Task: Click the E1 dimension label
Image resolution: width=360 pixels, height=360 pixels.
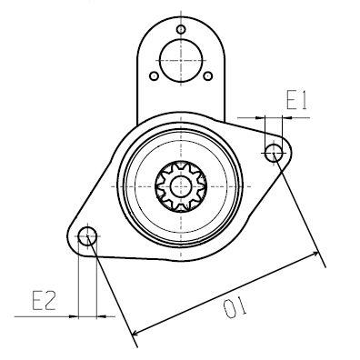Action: (297, 101)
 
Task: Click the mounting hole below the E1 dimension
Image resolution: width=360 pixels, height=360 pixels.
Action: (274, 153)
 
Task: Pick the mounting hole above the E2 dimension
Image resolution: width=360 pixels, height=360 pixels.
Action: (87, 237)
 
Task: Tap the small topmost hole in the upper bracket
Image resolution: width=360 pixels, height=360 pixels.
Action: (181, 30)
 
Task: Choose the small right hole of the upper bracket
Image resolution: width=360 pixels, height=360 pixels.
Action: (208, 76)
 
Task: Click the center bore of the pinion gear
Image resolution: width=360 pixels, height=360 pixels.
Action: (181, 185)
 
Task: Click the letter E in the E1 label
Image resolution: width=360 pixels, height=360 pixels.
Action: (290, 101)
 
